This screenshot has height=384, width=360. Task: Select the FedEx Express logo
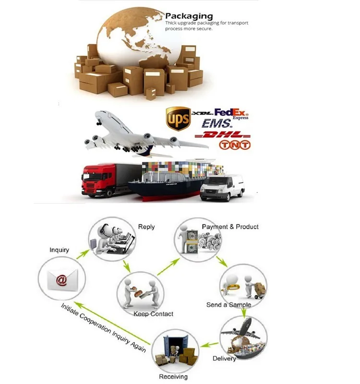tap(233, 114)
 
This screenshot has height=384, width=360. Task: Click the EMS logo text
tap(216, 124)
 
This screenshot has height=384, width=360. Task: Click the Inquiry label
tap(60, 250)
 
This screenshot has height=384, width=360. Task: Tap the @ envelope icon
tap(61, 280)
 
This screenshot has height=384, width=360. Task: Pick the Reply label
tap(146, 227)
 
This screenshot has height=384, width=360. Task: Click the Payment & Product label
tap(230, 227)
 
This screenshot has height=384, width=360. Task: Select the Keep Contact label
tap(154, 314)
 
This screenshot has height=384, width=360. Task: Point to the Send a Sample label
tap(228, 305)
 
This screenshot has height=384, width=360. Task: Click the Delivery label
tap(224, 359)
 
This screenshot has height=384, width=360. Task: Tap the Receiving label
tap(173, 377)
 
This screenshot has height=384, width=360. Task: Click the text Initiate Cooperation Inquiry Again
tap(103, 327)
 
